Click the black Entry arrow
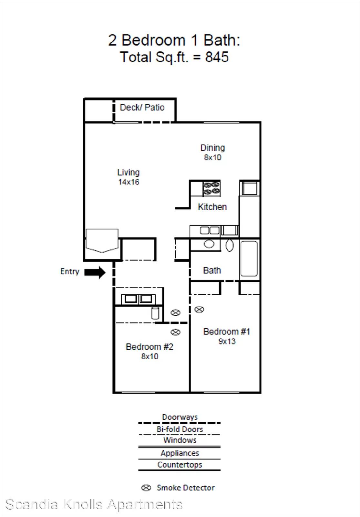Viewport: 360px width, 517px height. (95, 272)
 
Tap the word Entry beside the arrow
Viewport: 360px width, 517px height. (70, 272)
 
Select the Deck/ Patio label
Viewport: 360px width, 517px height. (142, 108)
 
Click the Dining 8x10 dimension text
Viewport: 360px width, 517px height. (213, 157)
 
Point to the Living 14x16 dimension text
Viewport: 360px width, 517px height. (129, 182)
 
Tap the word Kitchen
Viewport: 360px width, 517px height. (212, 207)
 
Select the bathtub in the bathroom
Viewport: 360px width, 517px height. (249, 259)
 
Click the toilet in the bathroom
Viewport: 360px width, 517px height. (230, 245)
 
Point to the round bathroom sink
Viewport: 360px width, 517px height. (209, 244)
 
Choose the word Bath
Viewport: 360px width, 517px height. (212, 270)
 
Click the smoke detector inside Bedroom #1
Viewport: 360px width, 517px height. (199, 309)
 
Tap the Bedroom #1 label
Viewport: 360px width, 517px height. (227, 332)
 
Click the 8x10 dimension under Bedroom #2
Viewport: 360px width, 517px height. (150, 356)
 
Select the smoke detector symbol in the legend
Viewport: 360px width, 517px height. (146, 488)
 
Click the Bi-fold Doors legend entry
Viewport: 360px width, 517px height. (180, 429)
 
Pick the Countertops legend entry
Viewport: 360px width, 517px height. (180, 465)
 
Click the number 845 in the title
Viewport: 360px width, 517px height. (217, 57)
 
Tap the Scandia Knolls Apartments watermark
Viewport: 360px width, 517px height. (94, 504)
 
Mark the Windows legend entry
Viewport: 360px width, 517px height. (180, 440)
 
